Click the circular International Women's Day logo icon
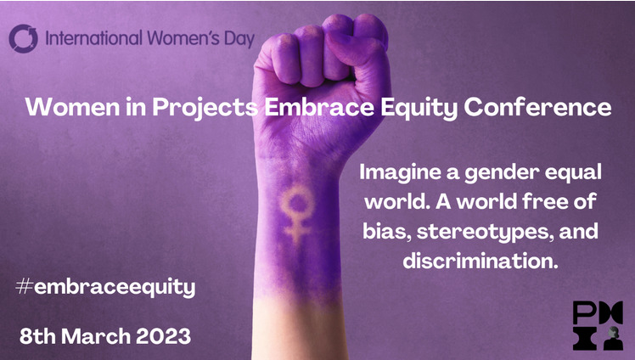point(24,39)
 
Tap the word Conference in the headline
point(537,107)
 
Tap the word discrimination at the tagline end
point(480,261)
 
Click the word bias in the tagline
point(387,231)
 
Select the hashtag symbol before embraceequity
point(25,287)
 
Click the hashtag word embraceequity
point(115,288)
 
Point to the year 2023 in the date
point(163,336)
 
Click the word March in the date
point(96,336)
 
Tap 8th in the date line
point(38,336)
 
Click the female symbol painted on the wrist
point(298,213)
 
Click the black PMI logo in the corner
point(598,325)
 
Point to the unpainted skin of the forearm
point(299,330)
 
